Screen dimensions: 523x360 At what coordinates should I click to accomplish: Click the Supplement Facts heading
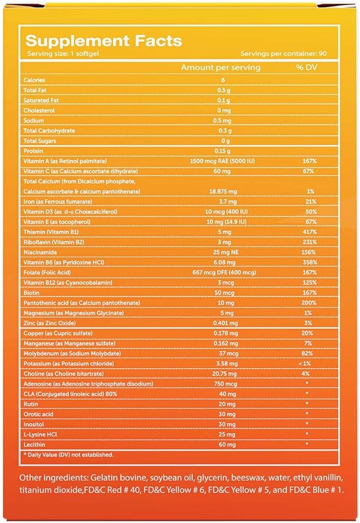pyautogui.click(x=103, y=41)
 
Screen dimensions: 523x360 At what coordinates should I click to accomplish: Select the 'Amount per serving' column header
pyautogui.click(x=221, y=68)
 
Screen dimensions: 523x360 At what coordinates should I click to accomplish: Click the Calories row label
pyautogui.click(x=34, y=80)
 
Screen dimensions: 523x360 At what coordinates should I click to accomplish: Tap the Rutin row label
pyautogui.click(x=31, y=404)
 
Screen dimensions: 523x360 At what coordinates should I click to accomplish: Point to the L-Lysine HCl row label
pyautogui.click(x=40, y=434)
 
